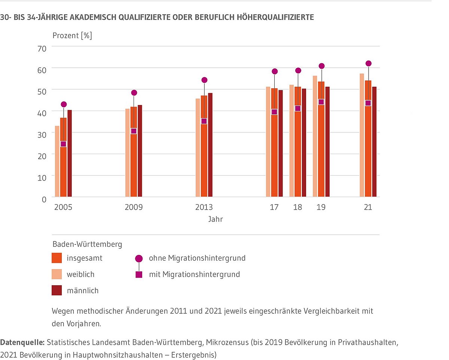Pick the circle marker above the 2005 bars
click(64, 104)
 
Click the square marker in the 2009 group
click(134, 131)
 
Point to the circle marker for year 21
click(368, 64)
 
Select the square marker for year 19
click(321, 102)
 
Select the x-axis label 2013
click(204, 207)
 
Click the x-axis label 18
click(297, 207)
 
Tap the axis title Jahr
click(216, 219)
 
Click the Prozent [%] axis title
click(72, 36)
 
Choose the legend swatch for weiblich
click(56, 274)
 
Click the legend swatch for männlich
click(56, 290)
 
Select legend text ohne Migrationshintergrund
click(197, 258)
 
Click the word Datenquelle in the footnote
click(22, 342)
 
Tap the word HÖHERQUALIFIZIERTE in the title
click(276, 17)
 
